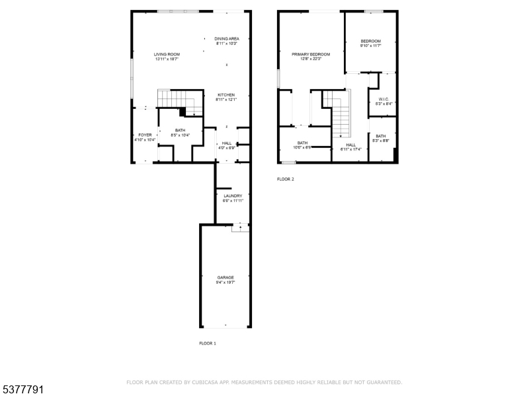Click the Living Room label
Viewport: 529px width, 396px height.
167,55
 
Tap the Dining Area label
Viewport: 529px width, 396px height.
226,39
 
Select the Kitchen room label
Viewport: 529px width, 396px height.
225,95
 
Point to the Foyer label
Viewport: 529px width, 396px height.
144,135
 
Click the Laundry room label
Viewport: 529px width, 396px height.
233,196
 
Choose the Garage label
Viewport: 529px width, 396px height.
225,277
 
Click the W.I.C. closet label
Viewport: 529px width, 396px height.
384,100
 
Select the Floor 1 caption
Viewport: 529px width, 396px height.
208,343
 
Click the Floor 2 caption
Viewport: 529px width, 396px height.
286,179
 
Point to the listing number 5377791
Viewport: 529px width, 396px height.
22,390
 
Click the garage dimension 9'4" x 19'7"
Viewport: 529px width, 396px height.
225,282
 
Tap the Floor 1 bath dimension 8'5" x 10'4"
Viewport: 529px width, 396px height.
181,135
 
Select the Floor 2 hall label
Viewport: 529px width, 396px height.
350,145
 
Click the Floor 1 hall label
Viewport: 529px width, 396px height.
227,143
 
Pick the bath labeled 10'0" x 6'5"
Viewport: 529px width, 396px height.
302,147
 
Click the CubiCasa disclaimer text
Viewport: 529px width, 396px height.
264,382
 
